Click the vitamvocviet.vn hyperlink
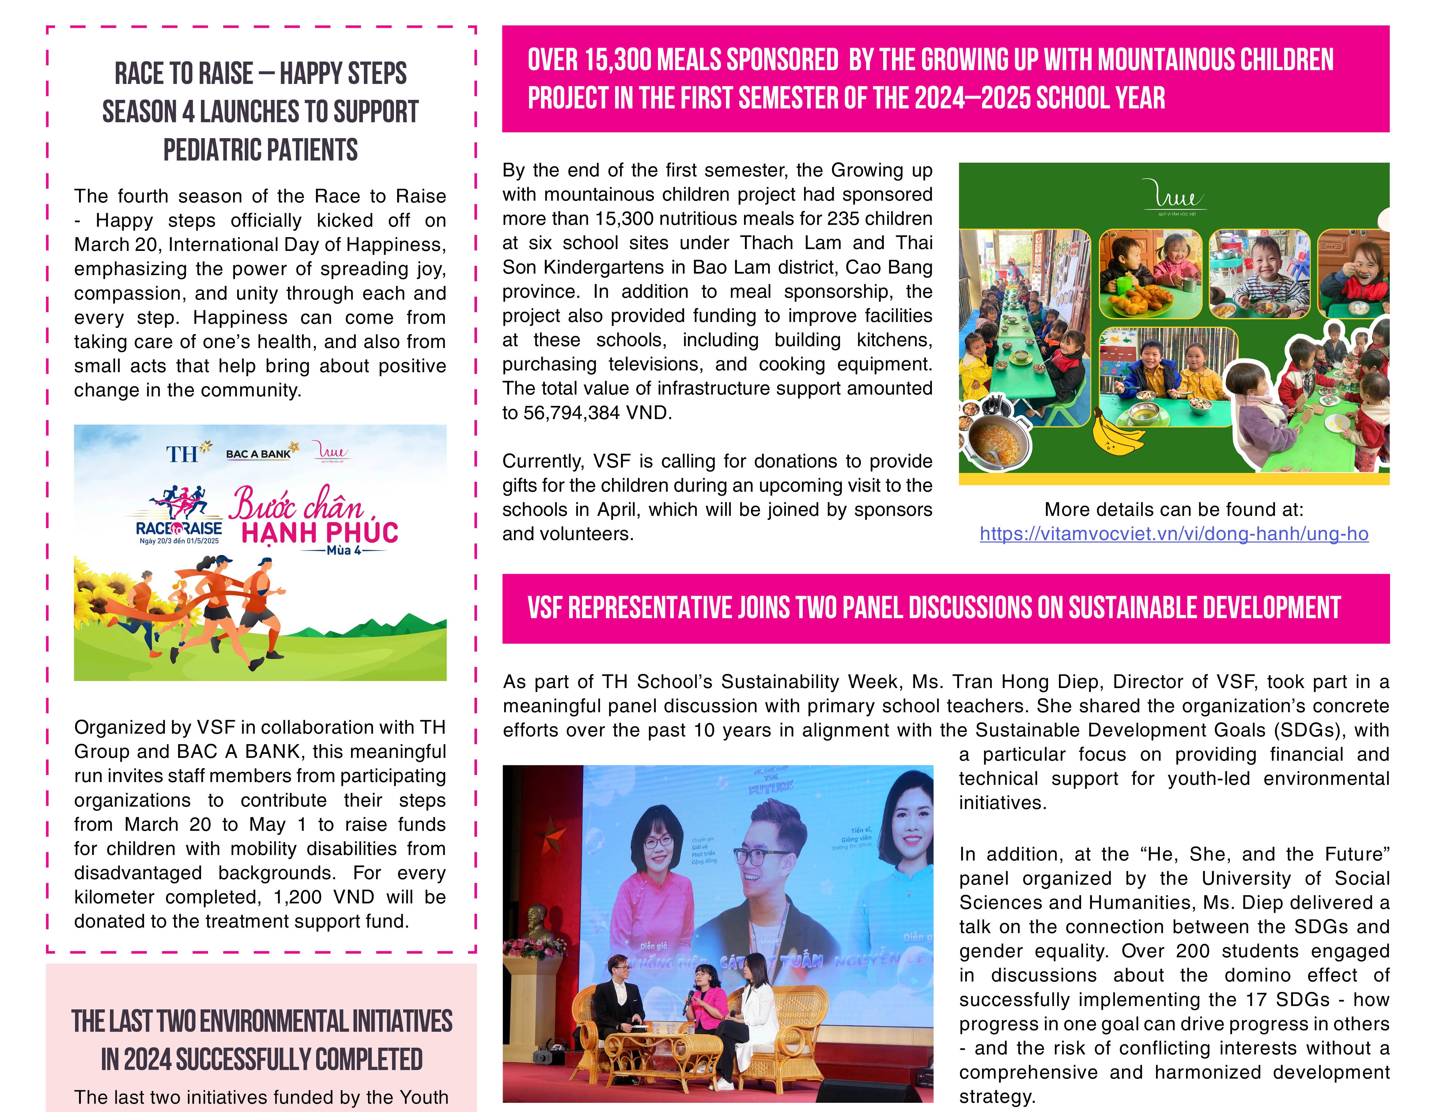coord(1174,534)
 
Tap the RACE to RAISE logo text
coord(179,528)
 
